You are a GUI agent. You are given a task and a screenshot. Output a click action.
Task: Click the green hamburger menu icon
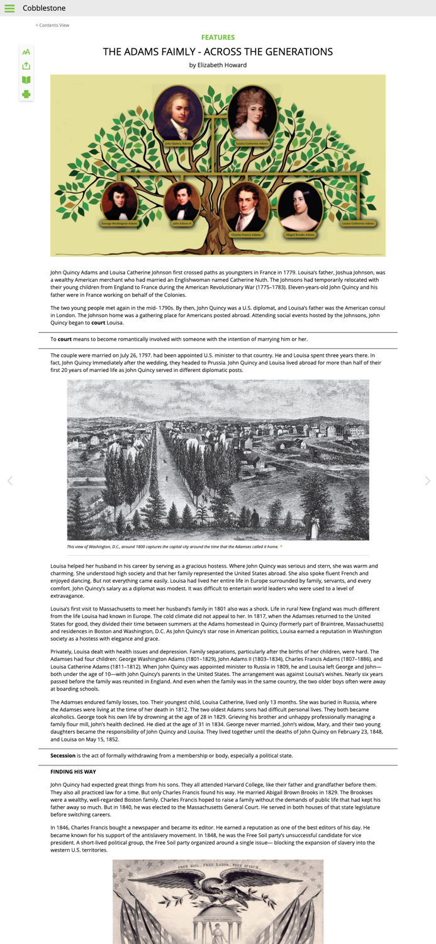[9, 8]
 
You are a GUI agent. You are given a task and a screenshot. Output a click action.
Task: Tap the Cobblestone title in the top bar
[44, 8]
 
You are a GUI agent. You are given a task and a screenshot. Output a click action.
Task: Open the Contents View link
[53, 25]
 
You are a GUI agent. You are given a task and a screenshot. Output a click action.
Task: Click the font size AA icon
[26, 52]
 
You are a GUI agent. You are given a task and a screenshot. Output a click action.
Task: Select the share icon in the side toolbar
[26, 66]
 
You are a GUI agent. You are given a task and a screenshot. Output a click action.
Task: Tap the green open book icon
[26, 80]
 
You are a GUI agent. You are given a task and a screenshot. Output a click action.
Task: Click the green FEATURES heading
[218, 38]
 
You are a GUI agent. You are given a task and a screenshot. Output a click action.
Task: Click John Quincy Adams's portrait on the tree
[179, 113]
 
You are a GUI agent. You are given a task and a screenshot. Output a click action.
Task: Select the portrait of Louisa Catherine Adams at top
[252, 113]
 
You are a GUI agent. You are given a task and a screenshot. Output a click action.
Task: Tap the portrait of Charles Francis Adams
[245, 208]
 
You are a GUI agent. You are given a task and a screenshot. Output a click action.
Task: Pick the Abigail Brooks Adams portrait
[300, 208]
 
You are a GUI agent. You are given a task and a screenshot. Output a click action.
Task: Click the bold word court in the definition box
[65, 339]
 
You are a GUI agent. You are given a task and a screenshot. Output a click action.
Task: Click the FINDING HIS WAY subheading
[73, 772]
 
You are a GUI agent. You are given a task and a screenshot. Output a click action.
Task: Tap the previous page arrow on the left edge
[9, 481]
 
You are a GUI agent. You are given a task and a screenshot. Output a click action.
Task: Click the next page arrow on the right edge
[427, 481]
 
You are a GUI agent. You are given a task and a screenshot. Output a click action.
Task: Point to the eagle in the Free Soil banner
[218, 887]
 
